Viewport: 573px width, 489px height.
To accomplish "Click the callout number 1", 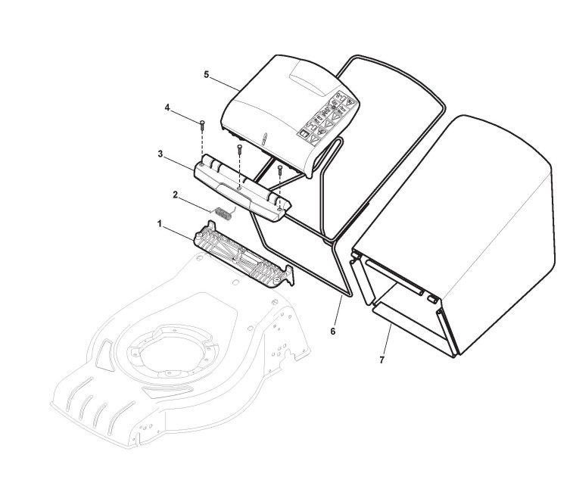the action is [x=160, y=224].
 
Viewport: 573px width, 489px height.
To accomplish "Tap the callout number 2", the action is [x=176, y=195].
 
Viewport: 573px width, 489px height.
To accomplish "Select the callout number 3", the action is [x=161, y=154].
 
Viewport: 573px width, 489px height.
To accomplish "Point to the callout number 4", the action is [x=167, y=107].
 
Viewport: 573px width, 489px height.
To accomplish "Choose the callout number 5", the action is [x=206, y=74].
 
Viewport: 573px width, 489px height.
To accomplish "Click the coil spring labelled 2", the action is [x=222, y=212].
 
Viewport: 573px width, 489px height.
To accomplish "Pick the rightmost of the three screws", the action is [x=280, y=169].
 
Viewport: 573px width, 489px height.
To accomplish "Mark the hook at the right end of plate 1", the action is [x=288, y=279].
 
